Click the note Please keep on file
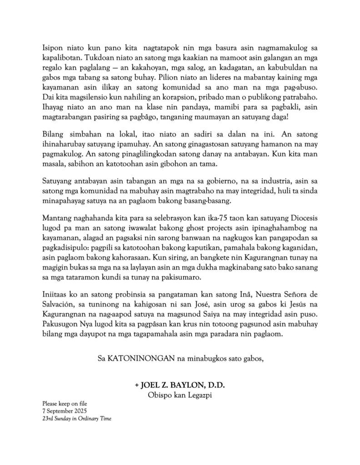[65, 403]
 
